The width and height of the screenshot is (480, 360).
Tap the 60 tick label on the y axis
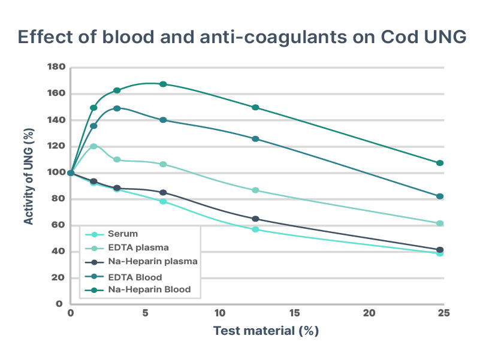[x=58, y=225]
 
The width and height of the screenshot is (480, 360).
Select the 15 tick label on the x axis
[x=294, y=313]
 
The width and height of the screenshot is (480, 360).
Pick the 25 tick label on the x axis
[x=443, y=313]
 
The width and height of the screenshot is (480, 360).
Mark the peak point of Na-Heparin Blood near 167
[x=163, y=84]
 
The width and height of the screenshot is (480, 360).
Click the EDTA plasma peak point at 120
[x=93, y=146]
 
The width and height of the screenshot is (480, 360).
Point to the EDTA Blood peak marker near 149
[x=117, y=108]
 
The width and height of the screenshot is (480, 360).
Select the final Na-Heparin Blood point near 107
[x=440, y=163]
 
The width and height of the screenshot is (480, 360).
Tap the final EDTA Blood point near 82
[x=440, y=196]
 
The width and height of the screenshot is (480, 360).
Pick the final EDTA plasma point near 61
[x=440, y=223]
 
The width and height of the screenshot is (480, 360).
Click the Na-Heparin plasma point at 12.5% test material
[x=256, y=219]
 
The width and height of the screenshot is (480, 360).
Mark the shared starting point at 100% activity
[x=71, y=173]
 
